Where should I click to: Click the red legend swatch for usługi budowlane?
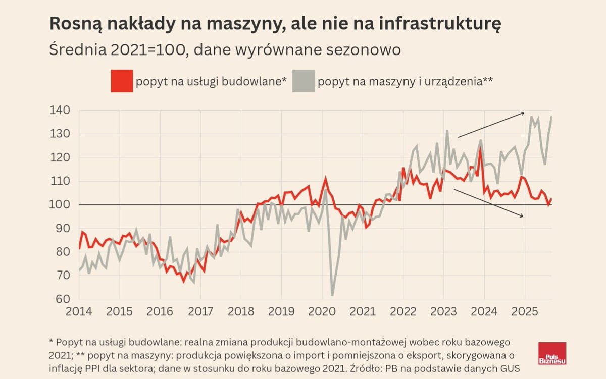(122, 81)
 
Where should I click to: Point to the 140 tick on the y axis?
(60, 111)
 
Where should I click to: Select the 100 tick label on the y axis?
(60, 205)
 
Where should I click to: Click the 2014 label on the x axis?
(79, 311)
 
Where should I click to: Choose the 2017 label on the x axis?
(200, 311)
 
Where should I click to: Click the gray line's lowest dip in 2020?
(332, 295)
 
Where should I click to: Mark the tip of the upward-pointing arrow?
(525, 113)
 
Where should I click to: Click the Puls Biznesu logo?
(552, 353)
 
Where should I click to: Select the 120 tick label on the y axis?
(60, 158)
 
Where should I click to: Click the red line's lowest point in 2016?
(184, 281)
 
